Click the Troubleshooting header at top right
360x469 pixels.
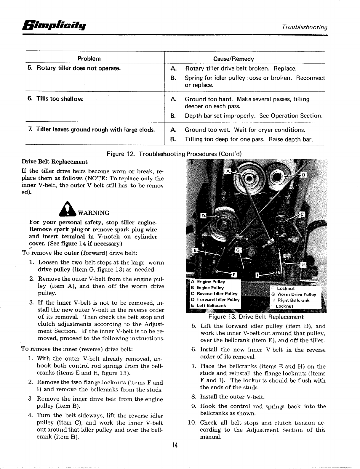304,27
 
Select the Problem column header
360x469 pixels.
89,59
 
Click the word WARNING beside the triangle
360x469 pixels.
93,213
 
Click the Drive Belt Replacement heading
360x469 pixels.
55,162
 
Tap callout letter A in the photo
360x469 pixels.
228,171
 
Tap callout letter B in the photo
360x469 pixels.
303,175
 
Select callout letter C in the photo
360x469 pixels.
303,214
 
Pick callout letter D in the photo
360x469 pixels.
203,215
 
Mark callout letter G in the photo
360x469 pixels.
238,250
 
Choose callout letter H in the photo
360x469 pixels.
304,265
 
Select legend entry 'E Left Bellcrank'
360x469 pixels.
209,305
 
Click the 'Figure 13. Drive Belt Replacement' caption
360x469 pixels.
256,317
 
